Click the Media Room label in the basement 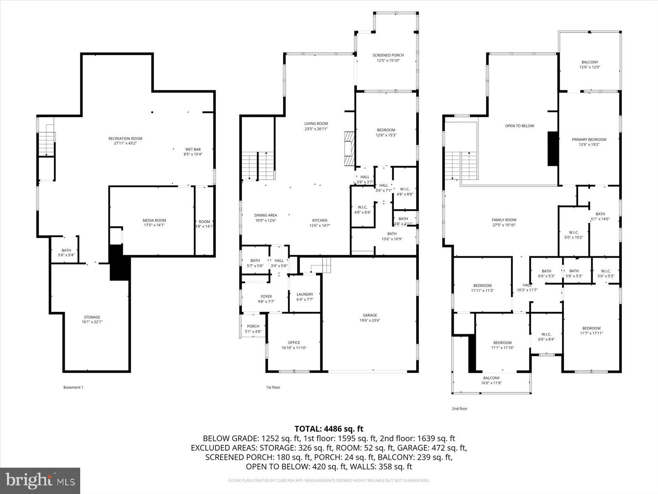pos(155,220)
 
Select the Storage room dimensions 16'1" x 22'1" pos(92,322)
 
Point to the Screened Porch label pos(388,55)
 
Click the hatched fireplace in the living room pos(349,148)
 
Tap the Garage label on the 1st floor pos(370,315)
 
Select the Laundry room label pos(305,294)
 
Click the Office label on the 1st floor pos(294,343)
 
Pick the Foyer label pos(266,296)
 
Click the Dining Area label pos(265,215)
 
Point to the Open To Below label pos(519,126)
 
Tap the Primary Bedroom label pos(589,139)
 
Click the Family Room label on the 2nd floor pos(504,220)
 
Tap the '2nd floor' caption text pos(459,409)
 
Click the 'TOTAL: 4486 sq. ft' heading pos(329,429)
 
